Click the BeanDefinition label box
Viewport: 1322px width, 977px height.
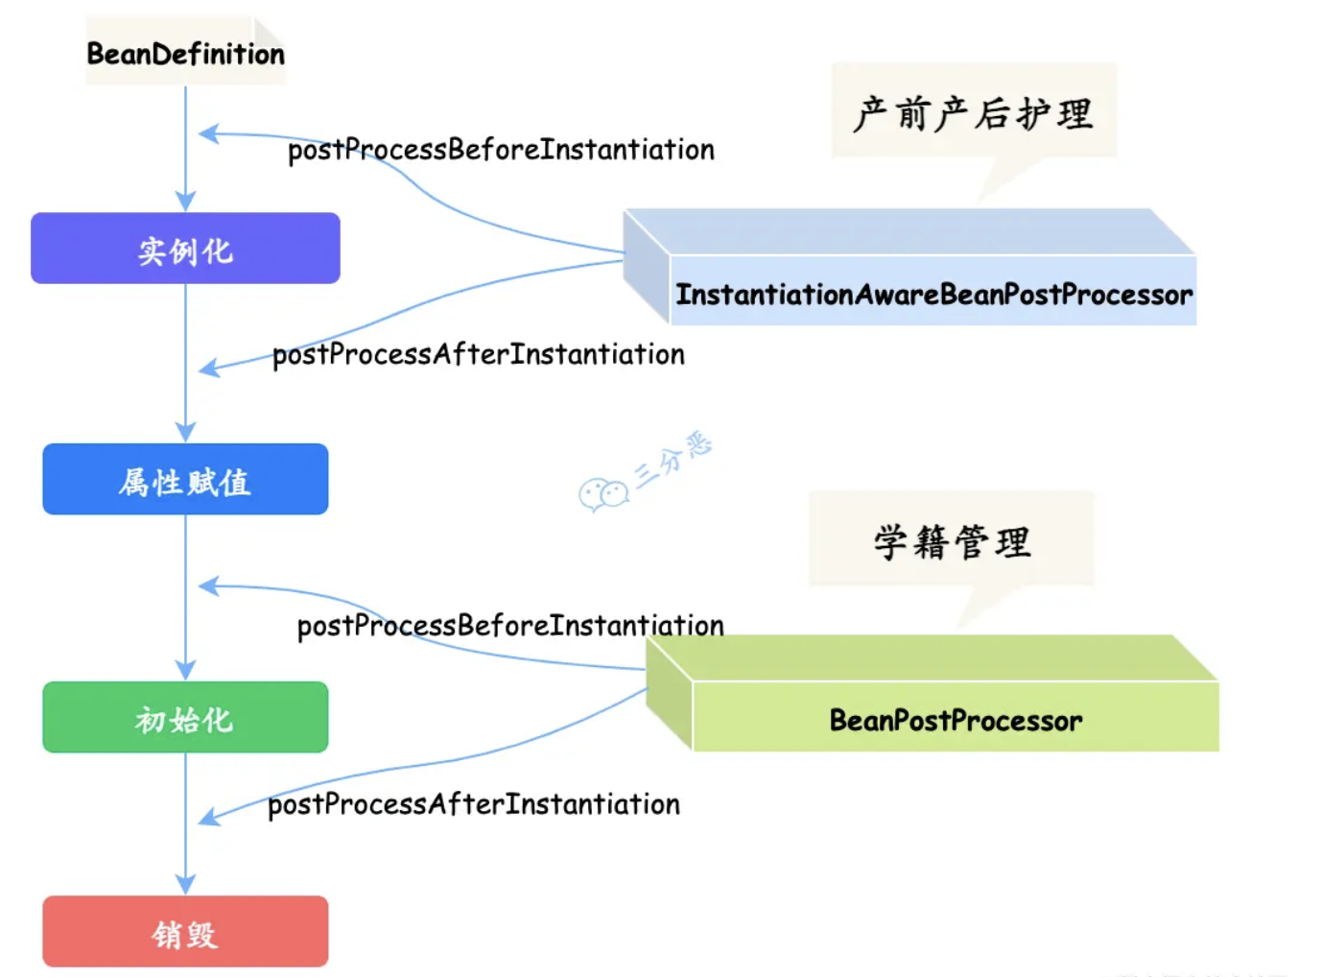point(185,54)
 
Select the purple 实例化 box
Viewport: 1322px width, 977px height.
point(185,249)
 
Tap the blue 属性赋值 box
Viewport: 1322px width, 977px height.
point(185,480)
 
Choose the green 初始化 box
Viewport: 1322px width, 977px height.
point(185,718)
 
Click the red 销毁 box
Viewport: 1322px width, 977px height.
point(185,932)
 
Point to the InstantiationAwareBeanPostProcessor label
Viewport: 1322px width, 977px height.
point(933,294)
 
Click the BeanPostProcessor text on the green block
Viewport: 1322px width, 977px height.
point(956,720)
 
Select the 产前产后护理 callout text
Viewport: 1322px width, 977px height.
point(973,113)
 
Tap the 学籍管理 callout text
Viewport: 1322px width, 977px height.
point(952,541)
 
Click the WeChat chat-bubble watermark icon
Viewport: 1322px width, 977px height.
point(602,494)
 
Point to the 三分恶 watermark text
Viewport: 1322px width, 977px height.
point(674,459)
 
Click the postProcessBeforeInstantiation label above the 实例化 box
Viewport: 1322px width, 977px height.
point(501,150)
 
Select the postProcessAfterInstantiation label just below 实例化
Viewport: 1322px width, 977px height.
point(478,354)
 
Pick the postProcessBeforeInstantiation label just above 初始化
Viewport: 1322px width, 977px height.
point(510,626)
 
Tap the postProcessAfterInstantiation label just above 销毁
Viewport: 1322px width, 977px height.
point(473,804)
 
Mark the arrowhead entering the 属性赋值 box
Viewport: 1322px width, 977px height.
point(185,432)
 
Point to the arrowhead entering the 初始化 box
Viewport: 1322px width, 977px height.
point(185,670)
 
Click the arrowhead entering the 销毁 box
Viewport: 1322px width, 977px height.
point(185,884)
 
